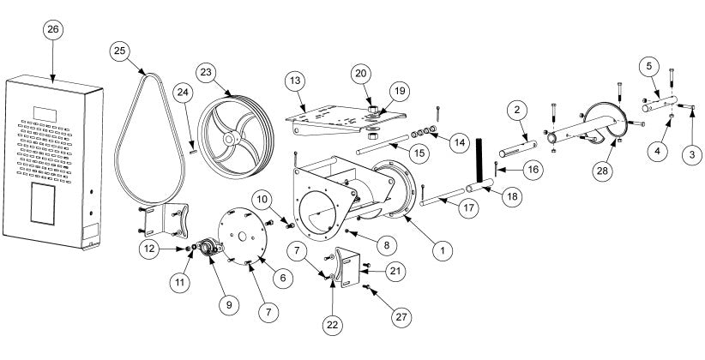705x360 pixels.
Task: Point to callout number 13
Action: pyautogui.click(x=296, y=81)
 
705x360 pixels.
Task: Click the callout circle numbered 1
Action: pyautogui.click(x=443, y=250)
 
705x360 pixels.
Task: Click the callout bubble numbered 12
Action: pyautogui.click(x=150, y=249)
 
